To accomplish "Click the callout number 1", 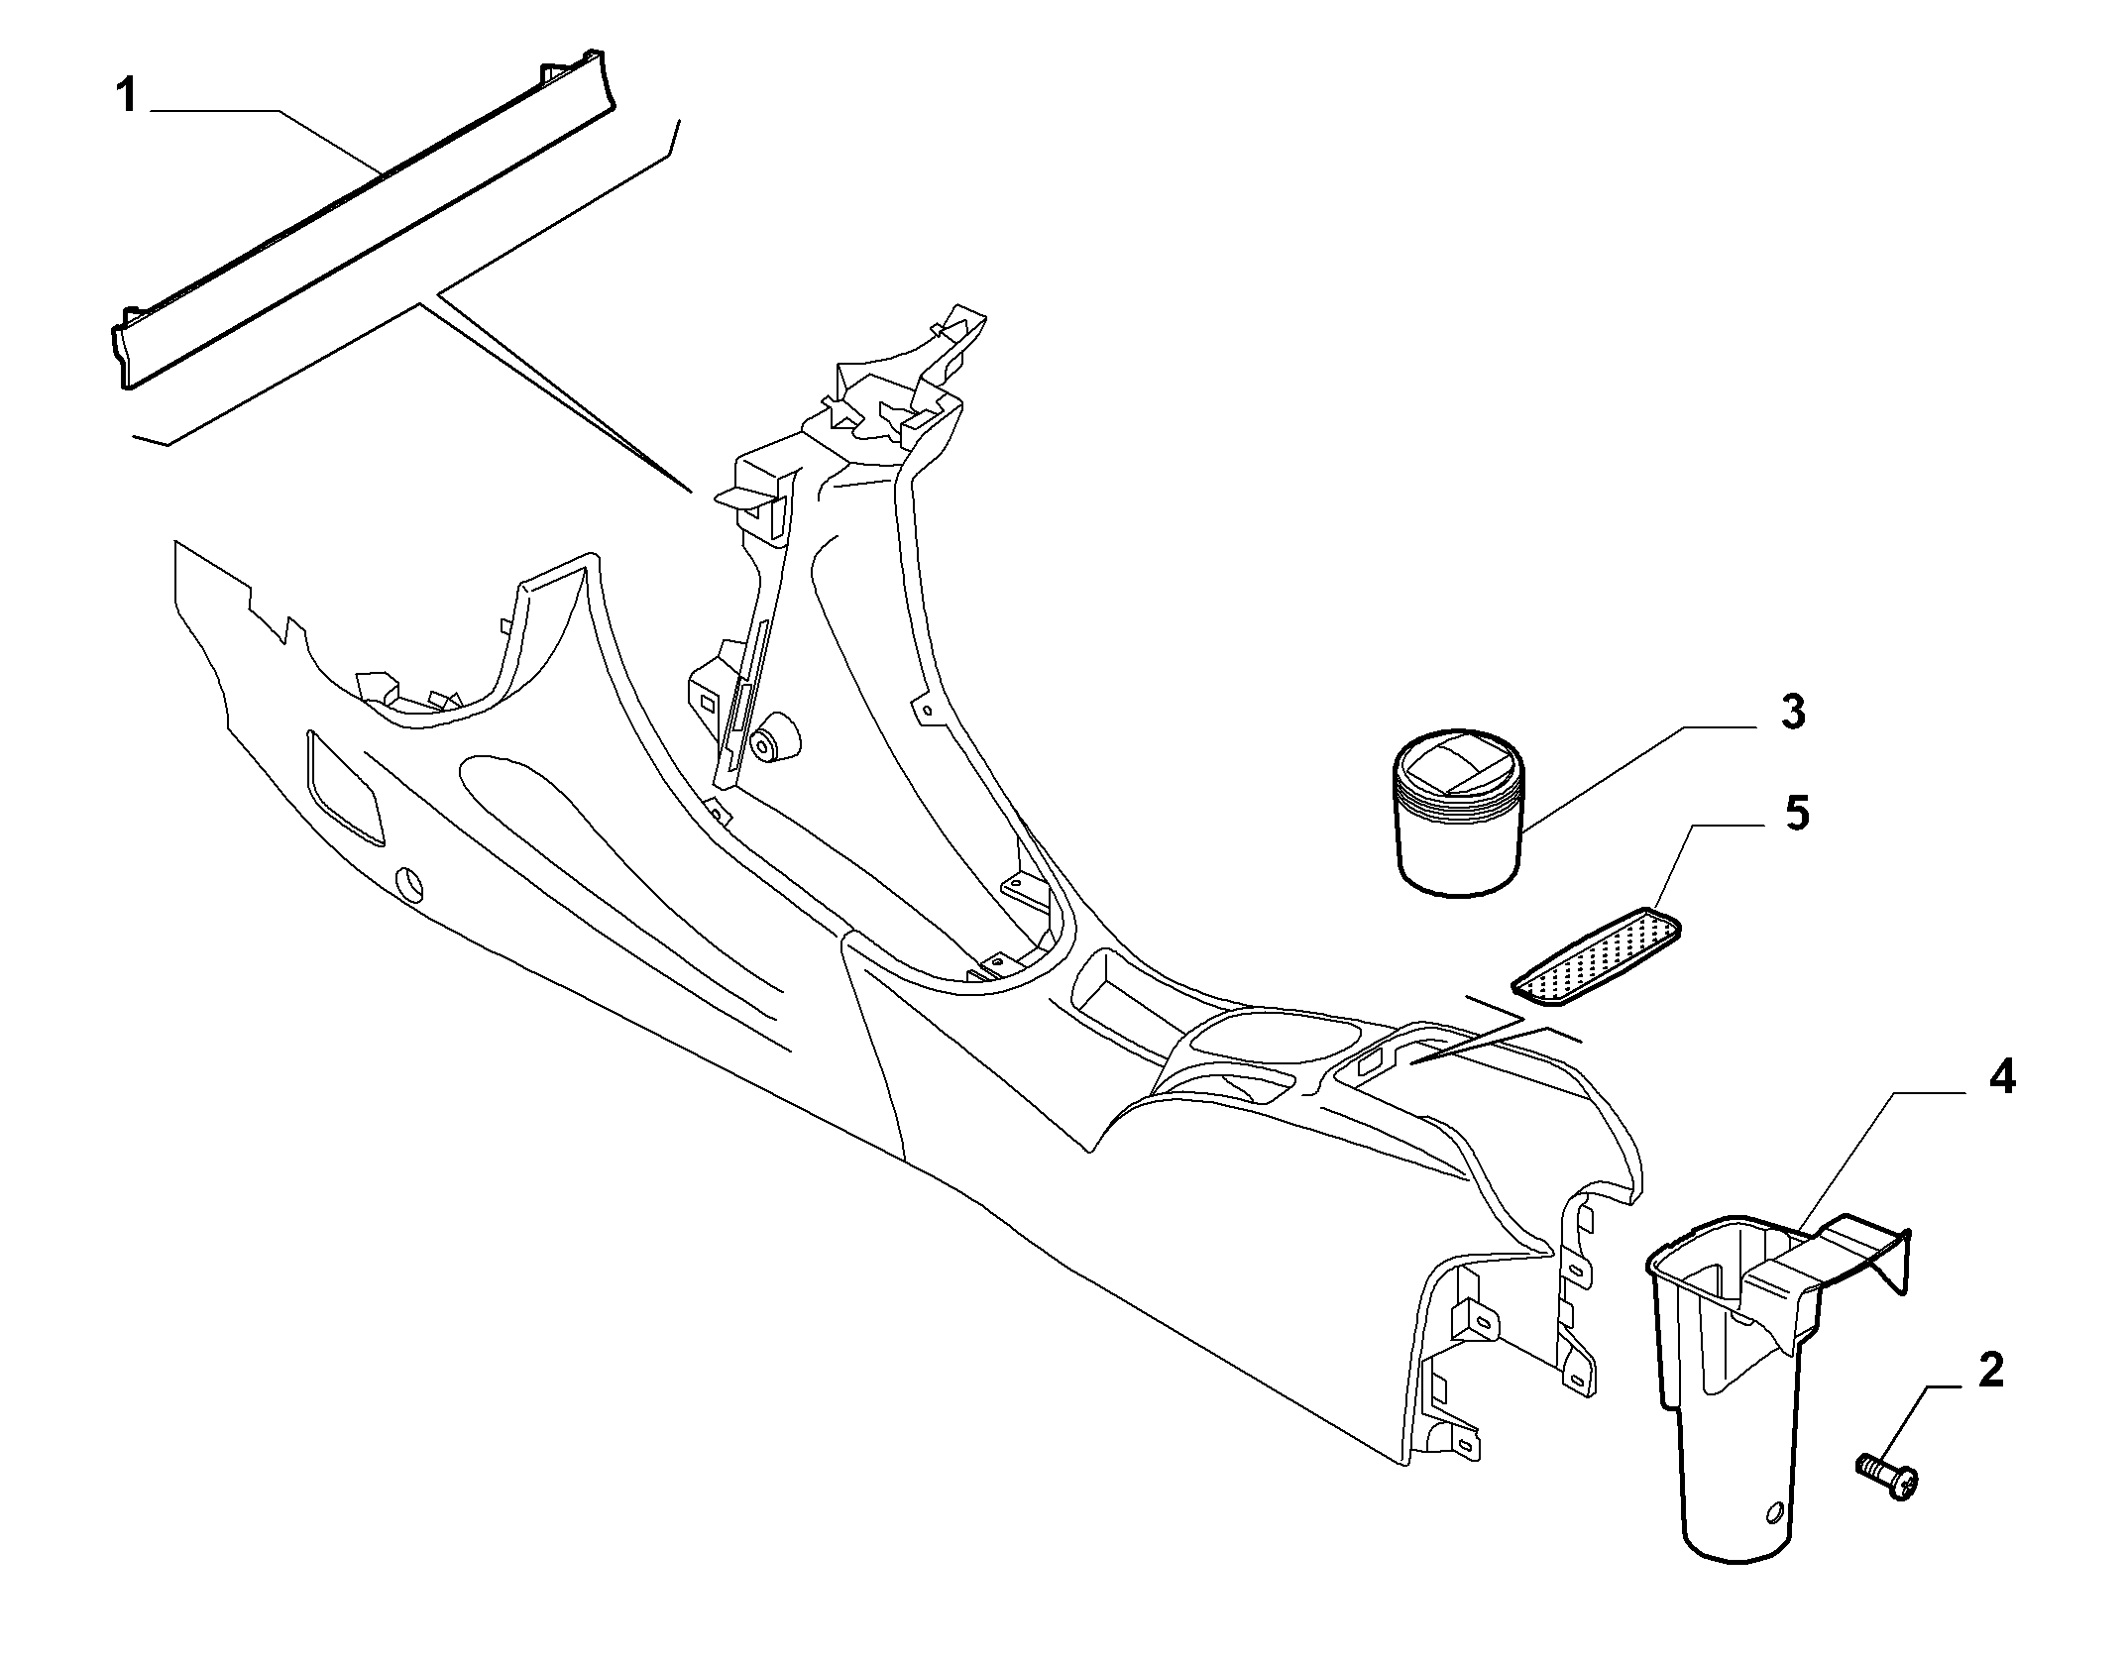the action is [x=126, y=96].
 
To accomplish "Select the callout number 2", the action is [x=1989, y=1370].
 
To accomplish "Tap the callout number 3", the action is [x=1792, y=713].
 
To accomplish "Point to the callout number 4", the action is [x=2001, y=1076].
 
